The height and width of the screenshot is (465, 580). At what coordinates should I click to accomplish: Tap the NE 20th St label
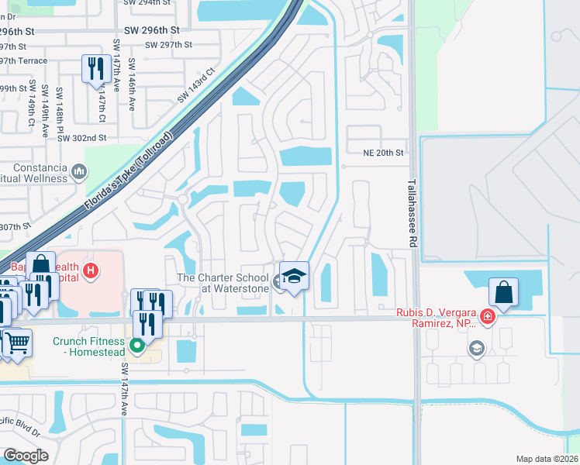pos(384,153)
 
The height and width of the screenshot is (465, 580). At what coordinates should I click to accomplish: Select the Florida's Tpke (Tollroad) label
pos(128,177)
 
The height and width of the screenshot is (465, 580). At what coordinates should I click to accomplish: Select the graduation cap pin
pos(294,277)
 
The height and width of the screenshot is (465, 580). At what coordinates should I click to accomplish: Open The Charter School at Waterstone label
pos(223,283)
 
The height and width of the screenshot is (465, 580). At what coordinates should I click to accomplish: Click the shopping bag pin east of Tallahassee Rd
pos(503,294)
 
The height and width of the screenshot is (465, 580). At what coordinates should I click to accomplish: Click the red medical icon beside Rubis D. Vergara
pos(486,315)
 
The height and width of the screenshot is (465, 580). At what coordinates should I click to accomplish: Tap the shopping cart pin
pos(17,342)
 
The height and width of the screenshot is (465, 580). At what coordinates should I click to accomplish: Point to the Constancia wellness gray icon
pos(79,171)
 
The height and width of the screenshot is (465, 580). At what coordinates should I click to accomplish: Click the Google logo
pos(26,456)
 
